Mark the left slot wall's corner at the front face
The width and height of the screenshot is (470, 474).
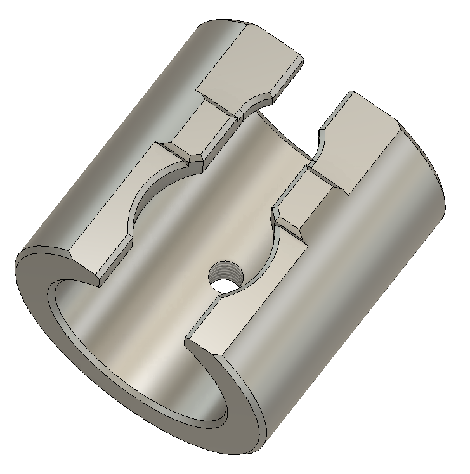tap(97, 279)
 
